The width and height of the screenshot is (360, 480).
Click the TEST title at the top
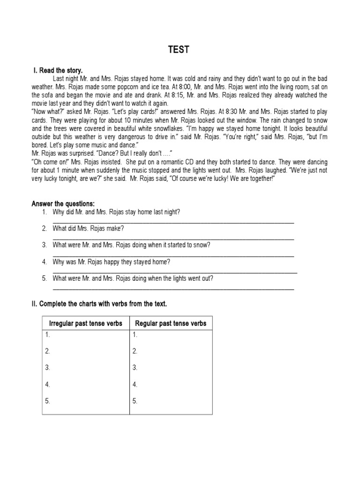click(x=180, y=50)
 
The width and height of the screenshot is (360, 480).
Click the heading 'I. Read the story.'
click(x=58, y=70)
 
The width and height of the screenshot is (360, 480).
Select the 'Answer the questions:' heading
click(x=63, y=203)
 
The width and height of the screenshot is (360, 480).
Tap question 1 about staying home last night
click(x=116, y=212)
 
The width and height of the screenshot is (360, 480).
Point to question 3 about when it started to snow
click(x=131, y=245)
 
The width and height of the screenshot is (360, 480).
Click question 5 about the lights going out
click(x=133, y=278)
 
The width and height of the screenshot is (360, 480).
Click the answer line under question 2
click(x=173, y=239)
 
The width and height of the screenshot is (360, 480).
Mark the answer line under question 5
click(x=173, y=289)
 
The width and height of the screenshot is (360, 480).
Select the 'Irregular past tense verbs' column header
click(x=86, y=323)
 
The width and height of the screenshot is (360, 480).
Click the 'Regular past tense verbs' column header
click(x=171, y=323)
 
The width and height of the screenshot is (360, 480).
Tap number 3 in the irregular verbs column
click(x=48, y=368)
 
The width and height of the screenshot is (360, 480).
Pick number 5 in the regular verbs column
click(x=135, y=401)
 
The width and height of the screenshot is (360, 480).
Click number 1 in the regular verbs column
click(x=135, y=335)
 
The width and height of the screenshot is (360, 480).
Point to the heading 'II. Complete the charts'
click(x=99, y=304)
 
